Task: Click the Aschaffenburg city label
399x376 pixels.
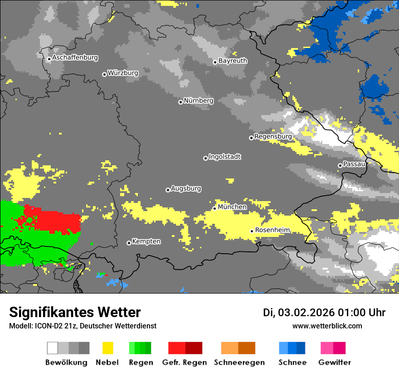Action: pos(75,58)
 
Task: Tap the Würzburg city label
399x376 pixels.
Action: pos(123,73)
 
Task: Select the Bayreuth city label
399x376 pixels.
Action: pos(233,61)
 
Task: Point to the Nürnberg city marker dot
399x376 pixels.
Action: pos(180,102)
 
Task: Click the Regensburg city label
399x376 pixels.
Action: pos(273,136)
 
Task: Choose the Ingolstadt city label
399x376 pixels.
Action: pos(225,157)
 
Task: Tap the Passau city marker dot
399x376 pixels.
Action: pos(340,165)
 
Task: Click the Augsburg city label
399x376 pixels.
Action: pos(186,188)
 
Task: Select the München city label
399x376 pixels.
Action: pos(232,207)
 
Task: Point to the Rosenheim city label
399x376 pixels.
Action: pos(272,230)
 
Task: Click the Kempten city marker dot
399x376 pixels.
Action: pos(129,243)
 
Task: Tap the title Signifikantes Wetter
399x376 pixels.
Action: pos(75,313)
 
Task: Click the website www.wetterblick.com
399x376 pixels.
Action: pos(327,326)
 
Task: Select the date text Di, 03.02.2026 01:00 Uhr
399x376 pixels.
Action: pos(324,313)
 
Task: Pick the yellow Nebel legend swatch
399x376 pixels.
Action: pos(107,348)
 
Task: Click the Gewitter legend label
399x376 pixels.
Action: pos(335,362)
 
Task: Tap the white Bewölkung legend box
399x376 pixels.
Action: pos(53,348)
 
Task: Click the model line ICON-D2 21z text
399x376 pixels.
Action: pos(83,326)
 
